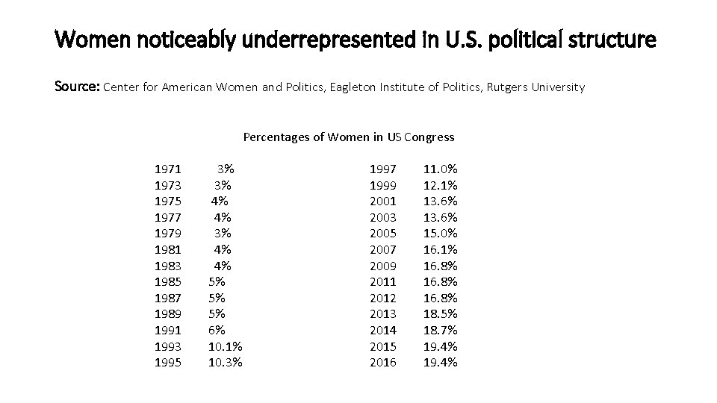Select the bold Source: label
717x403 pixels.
click(77, 87)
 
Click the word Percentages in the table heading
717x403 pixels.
click(273, 137)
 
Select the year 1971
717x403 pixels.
click(167, 169)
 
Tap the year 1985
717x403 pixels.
click(167, 282)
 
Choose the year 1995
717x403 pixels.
click(167, 363)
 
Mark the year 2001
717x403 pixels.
click(384, 201)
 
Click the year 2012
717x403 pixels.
click(384, 299)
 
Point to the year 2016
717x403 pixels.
click(384, 363)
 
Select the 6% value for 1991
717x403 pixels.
click(217, 331)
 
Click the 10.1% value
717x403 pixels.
click(225, 347)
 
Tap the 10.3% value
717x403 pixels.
click(225, 363)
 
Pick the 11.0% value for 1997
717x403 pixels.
click(441, 169)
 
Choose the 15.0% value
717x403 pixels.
click(441, 234)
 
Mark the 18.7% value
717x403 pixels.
click(441, 331)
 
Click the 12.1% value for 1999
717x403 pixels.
click(441, 185)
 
